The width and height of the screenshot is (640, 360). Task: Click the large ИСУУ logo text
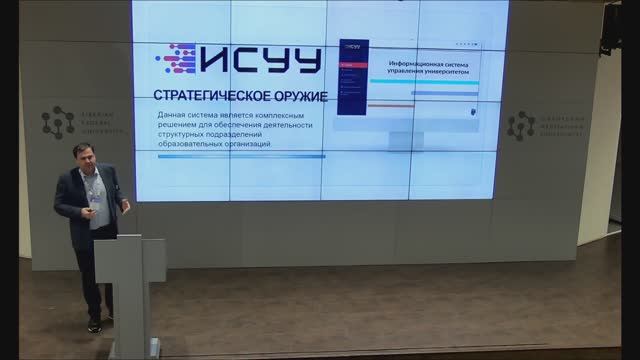tap(259, 60)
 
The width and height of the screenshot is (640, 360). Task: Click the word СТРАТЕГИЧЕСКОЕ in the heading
tap(206, 96)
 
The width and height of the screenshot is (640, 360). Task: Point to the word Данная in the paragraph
tap(174, 116)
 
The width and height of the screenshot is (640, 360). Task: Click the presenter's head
tap(85, 157)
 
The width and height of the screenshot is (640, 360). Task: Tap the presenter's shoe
tap(94, 325)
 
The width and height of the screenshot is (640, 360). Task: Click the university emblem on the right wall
tap(520, 125)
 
